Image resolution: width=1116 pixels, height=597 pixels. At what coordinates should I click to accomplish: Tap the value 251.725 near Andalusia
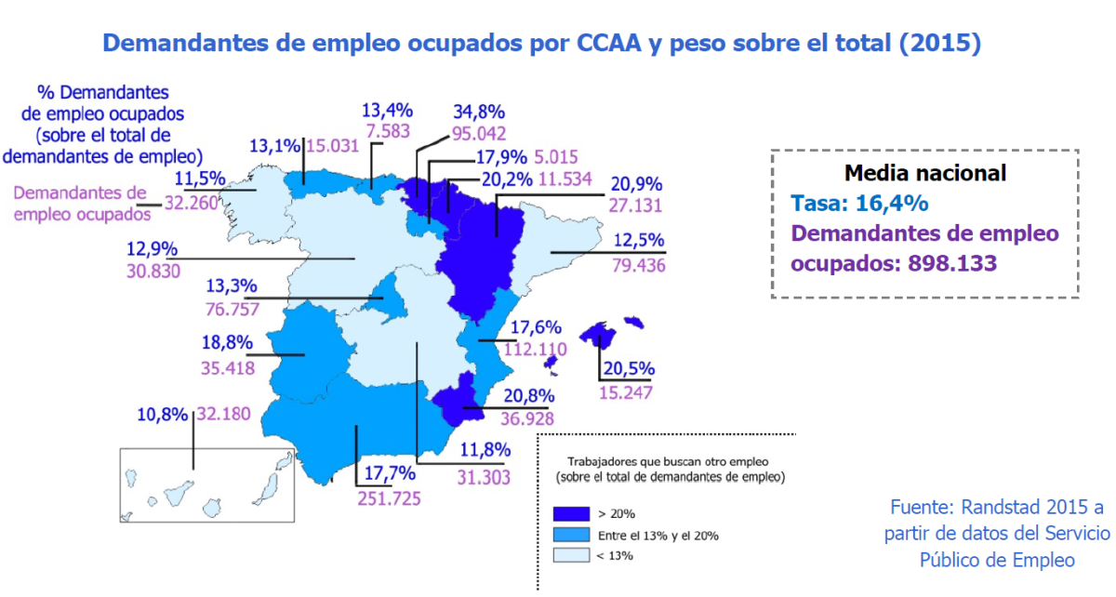click(x=389, y=498)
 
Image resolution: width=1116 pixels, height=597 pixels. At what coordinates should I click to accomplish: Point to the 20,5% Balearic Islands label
click(x=629, y=368)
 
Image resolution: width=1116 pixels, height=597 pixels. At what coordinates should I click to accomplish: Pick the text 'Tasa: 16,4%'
click(x=858, y=202)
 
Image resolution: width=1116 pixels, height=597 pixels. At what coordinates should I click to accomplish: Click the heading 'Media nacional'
click(x=924, y=172)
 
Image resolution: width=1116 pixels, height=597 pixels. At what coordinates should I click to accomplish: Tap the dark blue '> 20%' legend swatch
click(x=571, y=513)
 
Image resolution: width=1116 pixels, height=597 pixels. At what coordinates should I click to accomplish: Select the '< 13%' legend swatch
click(x=571, y=556)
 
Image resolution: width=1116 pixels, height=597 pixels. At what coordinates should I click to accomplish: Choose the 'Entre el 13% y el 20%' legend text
click(x=658, y=535)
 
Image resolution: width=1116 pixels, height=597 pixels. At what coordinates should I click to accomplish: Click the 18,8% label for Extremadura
click(x=227, y=342)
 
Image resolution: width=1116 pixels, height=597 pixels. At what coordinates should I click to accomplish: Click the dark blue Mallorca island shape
click(x=599, y=333)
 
